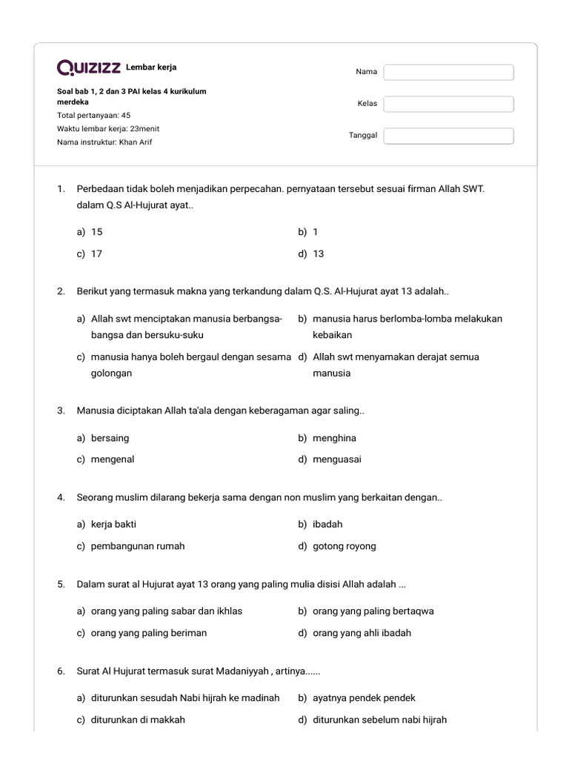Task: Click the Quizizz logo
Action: (89, 68)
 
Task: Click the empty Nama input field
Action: (448, 72)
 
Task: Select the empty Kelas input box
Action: (448, 104)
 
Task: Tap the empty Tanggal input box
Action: (448, 136)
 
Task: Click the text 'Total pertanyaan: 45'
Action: (94, 116)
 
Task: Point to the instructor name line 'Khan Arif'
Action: (104, 142)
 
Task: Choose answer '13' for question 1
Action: (318, 253)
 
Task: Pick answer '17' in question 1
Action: (96, 253)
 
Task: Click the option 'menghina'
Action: (334, 438)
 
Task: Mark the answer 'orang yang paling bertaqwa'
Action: (373, 611)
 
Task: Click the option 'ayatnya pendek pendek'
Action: (364, 697)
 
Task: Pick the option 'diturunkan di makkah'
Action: (138, 720)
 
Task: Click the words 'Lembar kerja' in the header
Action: (151, 67)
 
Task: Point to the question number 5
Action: (61, 584)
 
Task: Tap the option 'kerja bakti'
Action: (113, 524)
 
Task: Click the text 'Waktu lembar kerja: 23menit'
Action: (108, 129)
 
